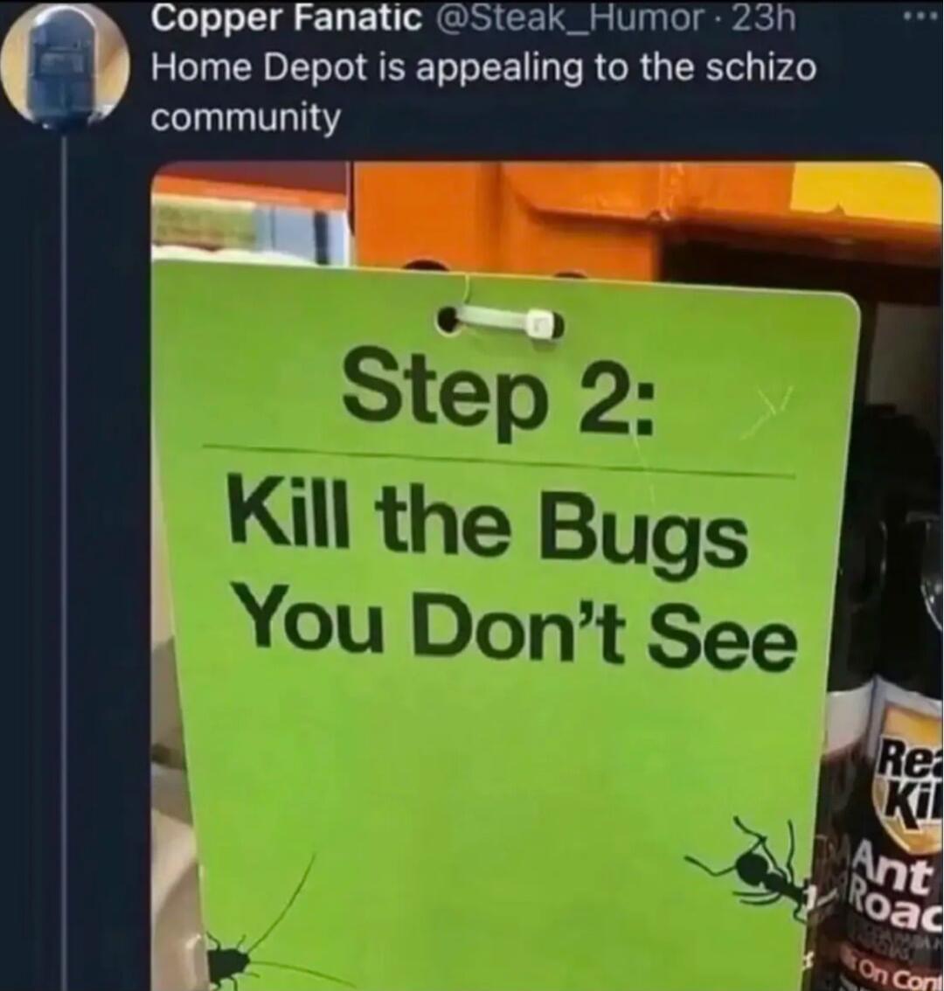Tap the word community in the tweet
coord(246,116)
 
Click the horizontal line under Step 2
coord(498,461)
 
